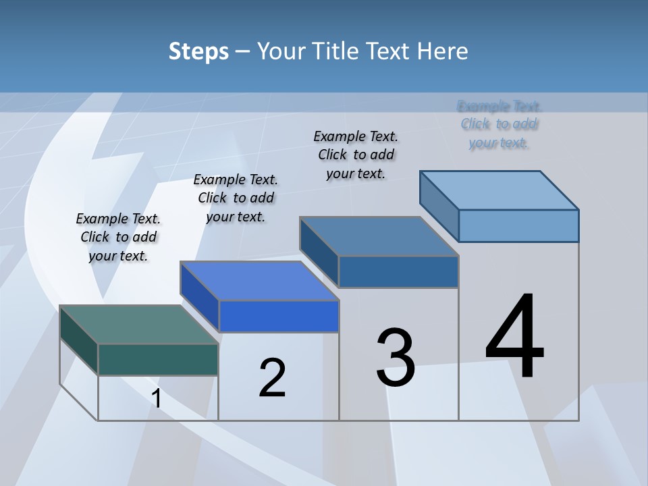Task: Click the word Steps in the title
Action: [198, 51]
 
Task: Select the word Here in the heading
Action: [443, 51]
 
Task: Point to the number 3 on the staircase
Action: [396, 358]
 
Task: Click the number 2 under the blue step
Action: [272, 377]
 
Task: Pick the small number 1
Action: [157, 399]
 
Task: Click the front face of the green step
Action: [158, 359]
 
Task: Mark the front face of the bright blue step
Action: [279, 316]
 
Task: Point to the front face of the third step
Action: [398, 271]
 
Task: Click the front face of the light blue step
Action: [518, 225]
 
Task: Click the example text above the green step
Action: [118, 237]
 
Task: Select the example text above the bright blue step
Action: [236, 198]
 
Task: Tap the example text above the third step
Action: [356, 155]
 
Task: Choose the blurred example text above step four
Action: [499, 124]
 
